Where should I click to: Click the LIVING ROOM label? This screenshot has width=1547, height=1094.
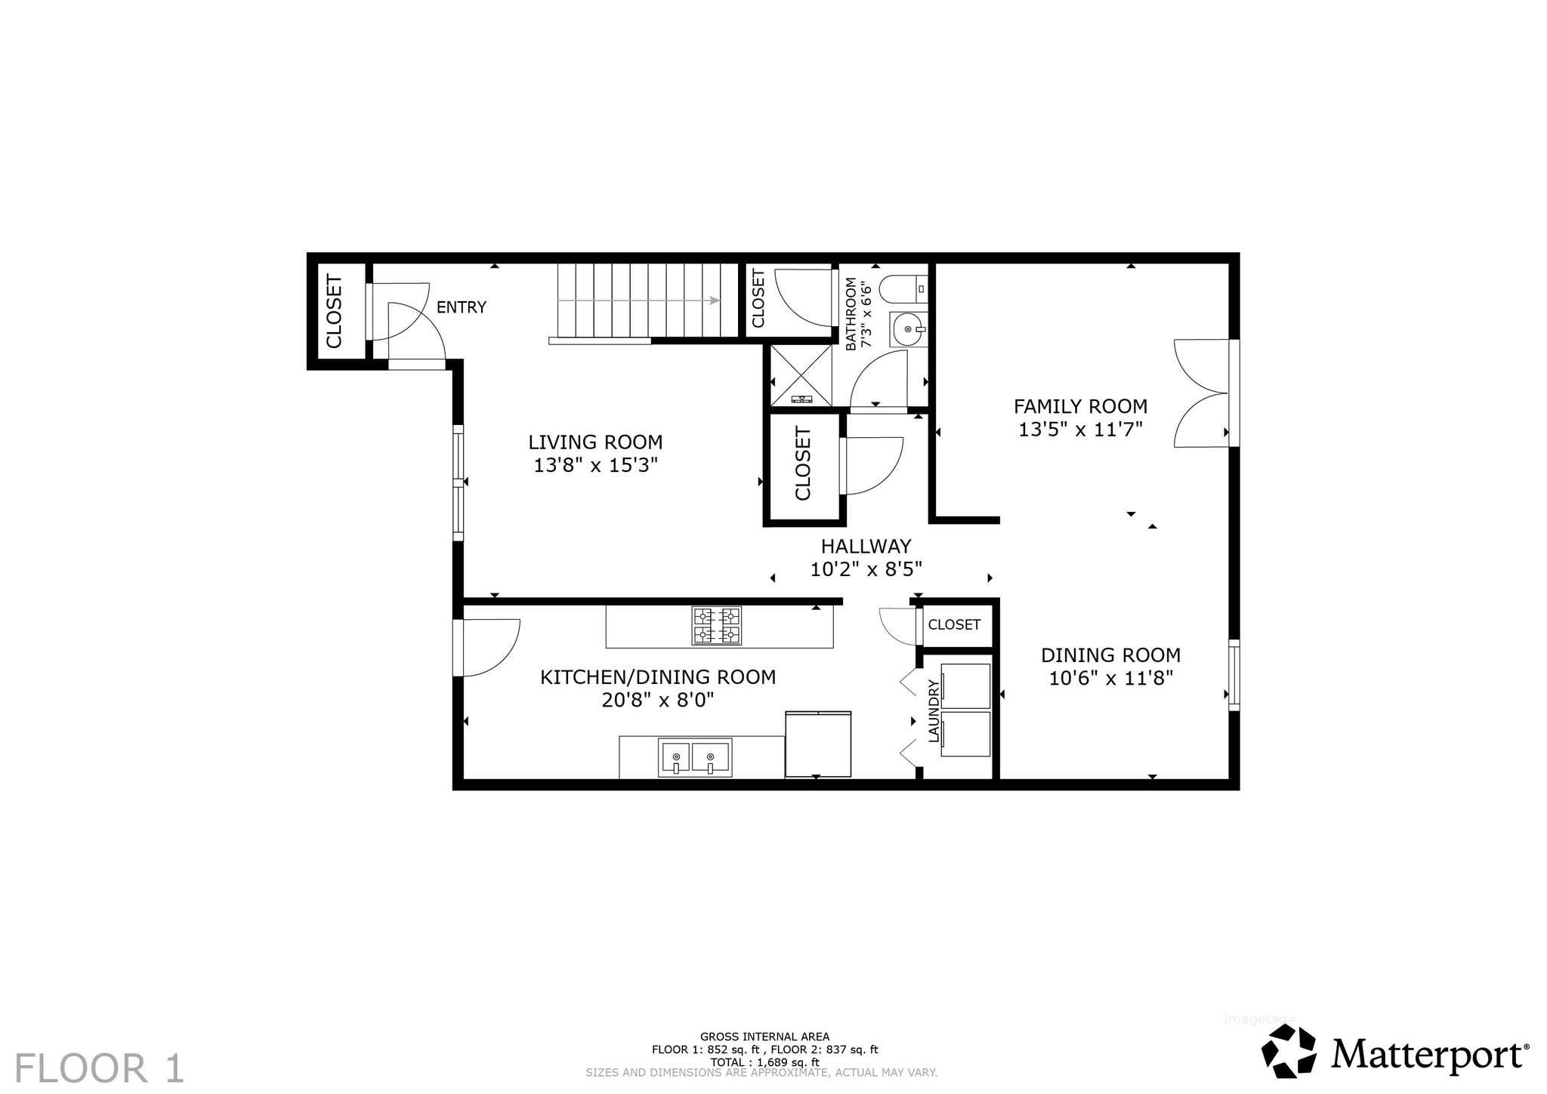coord(595,442)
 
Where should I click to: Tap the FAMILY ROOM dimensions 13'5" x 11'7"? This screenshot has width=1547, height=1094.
coord(1080,430)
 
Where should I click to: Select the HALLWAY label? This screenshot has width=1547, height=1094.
coord(866,546)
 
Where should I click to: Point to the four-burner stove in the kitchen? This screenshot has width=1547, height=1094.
coord(716,626)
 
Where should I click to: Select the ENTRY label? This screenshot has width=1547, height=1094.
coord(462,307)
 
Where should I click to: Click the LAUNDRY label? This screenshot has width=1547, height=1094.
coord(934,710)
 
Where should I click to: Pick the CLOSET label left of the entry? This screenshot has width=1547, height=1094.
coord(334,311)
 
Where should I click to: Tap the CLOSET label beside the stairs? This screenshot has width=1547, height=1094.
coord(758,298)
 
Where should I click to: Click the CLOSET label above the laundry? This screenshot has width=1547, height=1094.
coord(954,624)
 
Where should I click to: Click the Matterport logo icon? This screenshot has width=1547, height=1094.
coord(1289,1052)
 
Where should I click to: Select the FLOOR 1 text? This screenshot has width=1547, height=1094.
coord(99,1068)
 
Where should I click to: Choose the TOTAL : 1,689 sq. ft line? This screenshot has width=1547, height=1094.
coord(764,1062)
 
